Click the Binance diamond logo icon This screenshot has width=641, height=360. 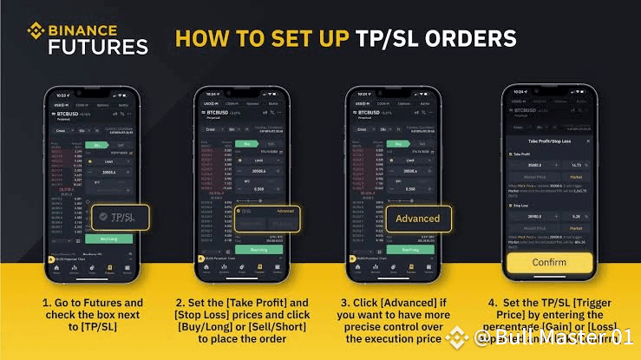(36, 33)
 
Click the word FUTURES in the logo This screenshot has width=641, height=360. (98, 47)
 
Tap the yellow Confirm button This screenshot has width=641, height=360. (549, 263)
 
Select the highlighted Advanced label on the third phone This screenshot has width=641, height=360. (418, 218)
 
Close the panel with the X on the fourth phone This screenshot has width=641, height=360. (588, 140)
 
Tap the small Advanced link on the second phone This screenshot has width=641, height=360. (285, 210)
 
